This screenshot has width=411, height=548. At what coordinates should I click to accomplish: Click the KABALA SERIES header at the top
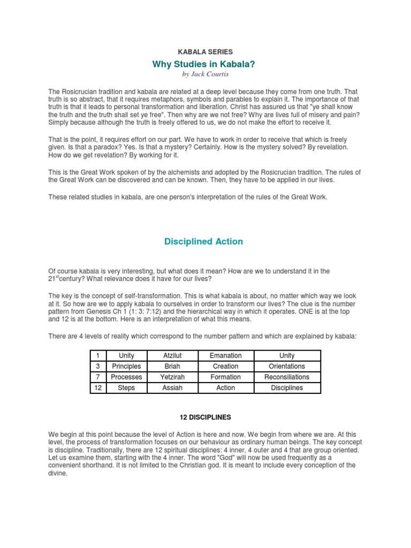pyautogui.click(x=205, y=52)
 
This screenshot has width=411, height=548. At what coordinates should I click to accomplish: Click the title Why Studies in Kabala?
pyautogui.click(x=205, y=64)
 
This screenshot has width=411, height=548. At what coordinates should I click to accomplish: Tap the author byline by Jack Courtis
pyautogui.click(x=205, y=74)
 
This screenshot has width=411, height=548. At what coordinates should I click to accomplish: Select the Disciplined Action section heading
pyautogui.click(x=203, y=241)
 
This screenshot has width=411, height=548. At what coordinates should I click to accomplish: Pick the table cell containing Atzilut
pyautogui.click(x=172, y=355)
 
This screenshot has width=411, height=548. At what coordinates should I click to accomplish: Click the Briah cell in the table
pyautogui.click(x=172, y=366)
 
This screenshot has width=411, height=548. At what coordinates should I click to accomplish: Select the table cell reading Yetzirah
pyautogui.click(x=172, y=377)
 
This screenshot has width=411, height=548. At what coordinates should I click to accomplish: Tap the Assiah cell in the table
pyautogui.click(x=172, y=387)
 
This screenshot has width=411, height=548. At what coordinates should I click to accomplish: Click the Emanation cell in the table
pyautogui.click(x=226, y=355)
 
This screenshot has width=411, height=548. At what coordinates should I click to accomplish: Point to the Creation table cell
pyautogui.click(x=226, y=366)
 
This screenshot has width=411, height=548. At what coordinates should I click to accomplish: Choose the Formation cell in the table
pyautogui.click(x=226, y=377)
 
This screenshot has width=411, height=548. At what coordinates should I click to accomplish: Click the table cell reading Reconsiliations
pyautogui.click(x=287, y=377)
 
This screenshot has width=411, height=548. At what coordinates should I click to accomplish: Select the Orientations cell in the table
pyautogui.click(x=287, y=366)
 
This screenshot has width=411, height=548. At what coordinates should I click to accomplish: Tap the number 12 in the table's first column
pyautogui.click(x=98, y=387)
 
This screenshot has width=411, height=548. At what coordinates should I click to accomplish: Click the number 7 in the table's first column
pyautogui.click(x=98, y=377)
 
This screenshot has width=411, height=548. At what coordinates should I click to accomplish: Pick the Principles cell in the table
pyautogui.click(x=126, y=366)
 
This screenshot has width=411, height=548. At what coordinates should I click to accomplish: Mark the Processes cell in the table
pyautogui.click(x=126, y=377)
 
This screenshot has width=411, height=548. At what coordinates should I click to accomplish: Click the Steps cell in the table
pyautogui.click(x=126, y=387)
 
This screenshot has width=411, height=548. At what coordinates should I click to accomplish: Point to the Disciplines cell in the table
pyautogui.click(x=287, y=387)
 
